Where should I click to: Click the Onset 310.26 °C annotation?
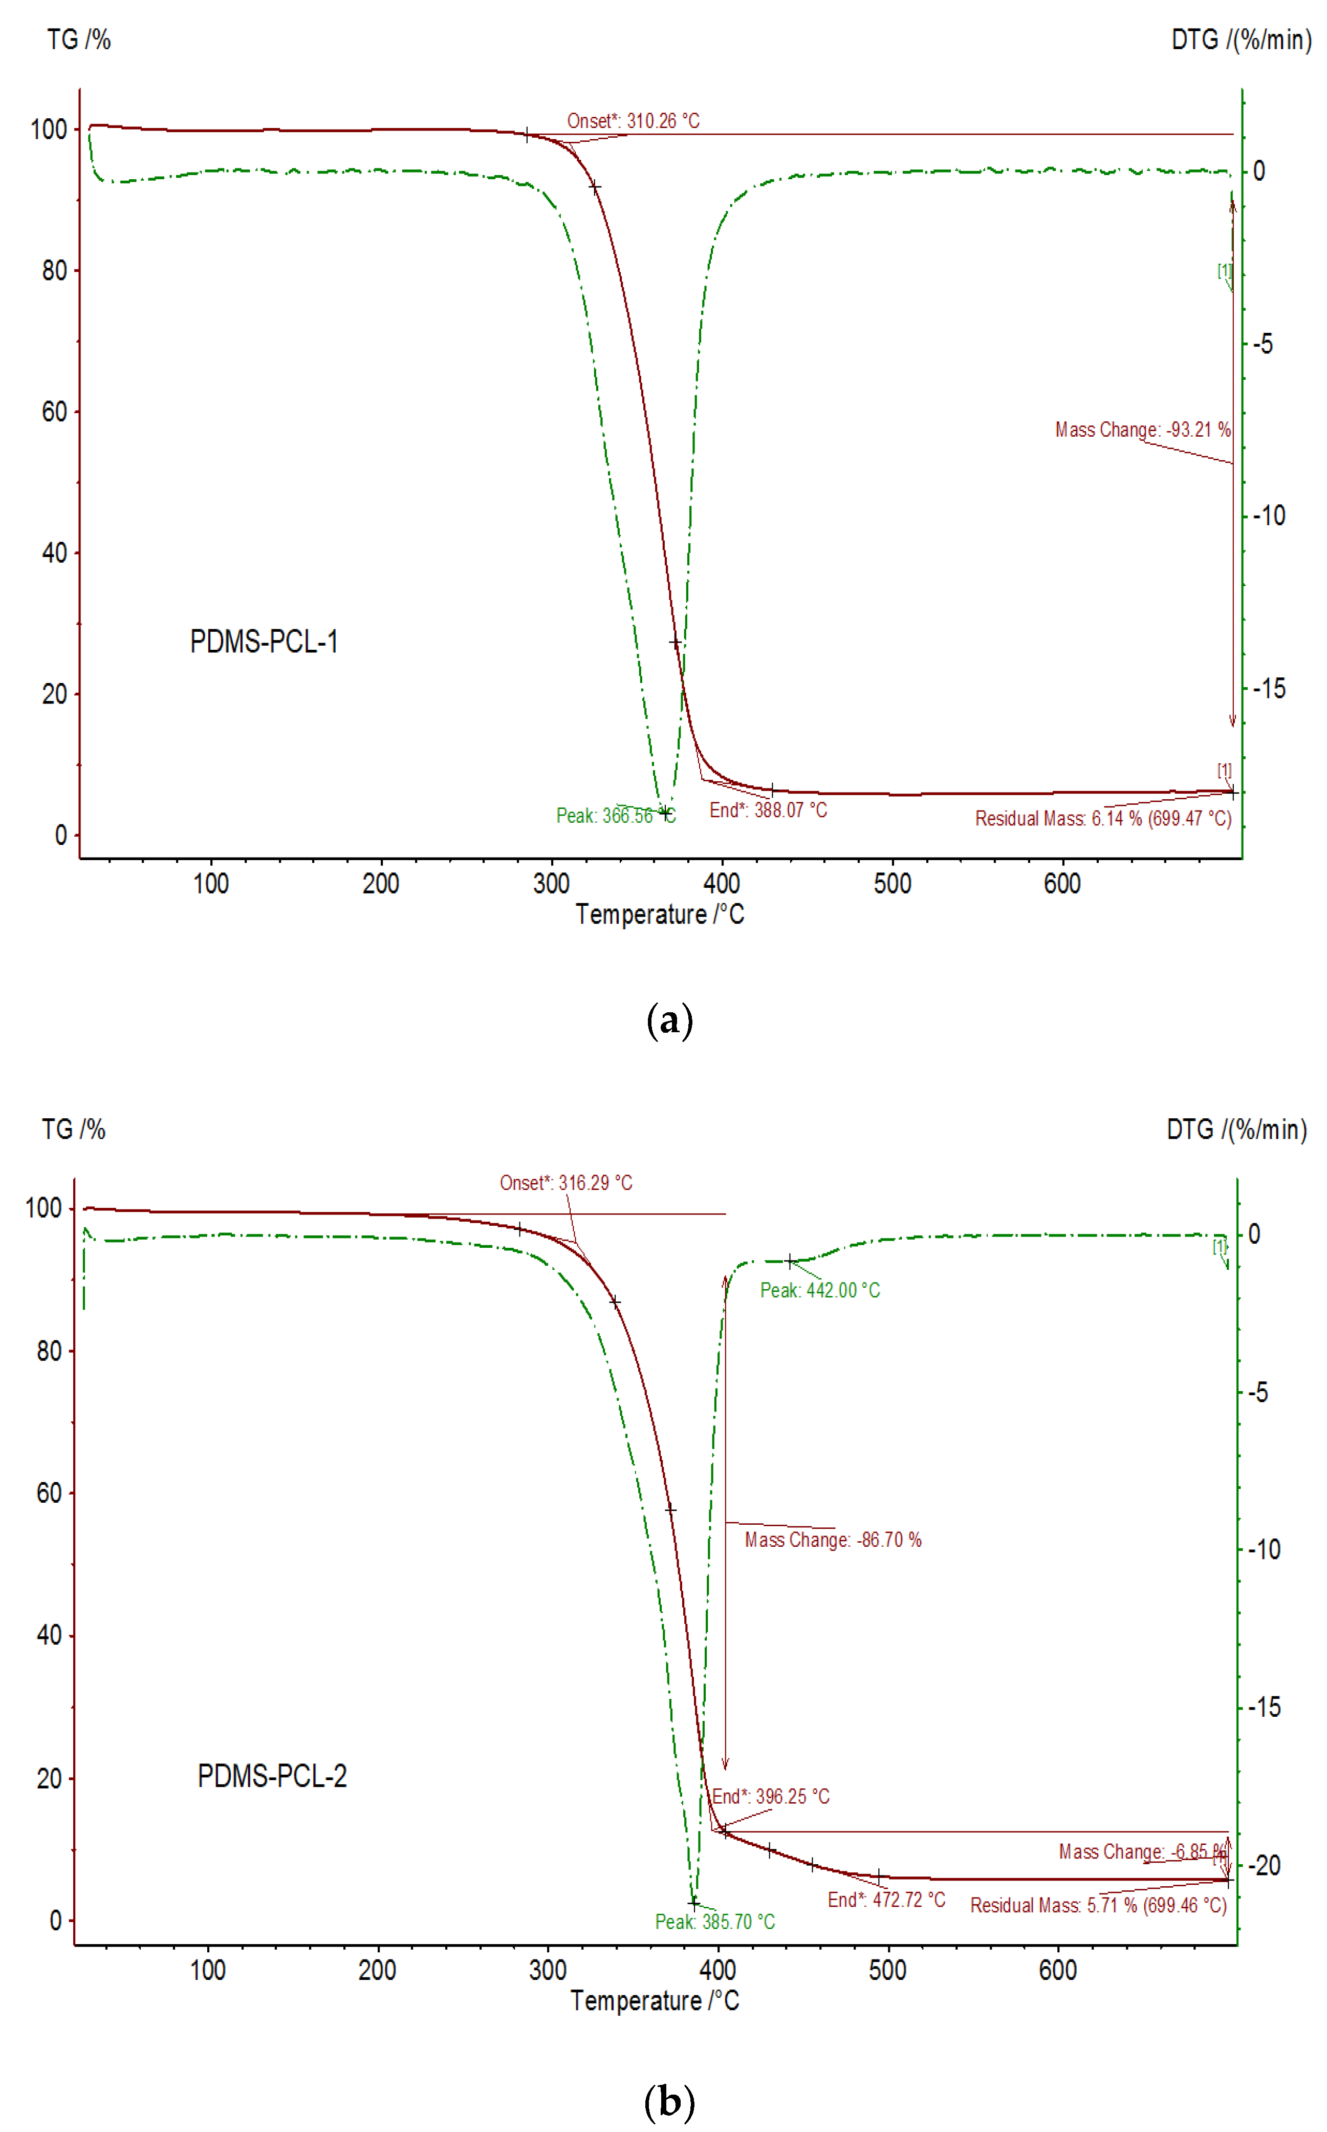coord(633,120)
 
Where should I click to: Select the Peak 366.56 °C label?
coord(615,816)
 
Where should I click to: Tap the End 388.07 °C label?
coord(768,809)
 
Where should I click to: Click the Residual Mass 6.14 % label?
coord(1103,818)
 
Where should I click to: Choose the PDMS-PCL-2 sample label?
coord(272,1776)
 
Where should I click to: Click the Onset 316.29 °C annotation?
coord(566,1183)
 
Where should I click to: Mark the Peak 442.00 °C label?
coord(820,1290)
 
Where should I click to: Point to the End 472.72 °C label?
coord(886,1900)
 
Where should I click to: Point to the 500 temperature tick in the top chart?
coord(891,883)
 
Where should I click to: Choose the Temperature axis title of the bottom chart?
coord(655,2000)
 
